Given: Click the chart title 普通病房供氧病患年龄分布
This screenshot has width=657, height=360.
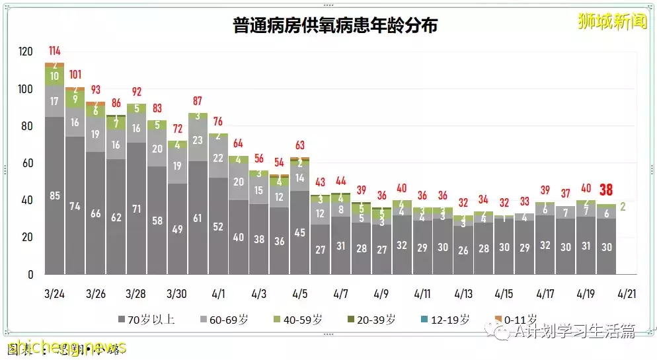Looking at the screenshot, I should pos(335,26).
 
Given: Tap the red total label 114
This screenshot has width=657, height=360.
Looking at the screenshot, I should pos(55,51).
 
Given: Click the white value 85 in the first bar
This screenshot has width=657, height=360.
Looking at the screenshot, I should pos(55,196).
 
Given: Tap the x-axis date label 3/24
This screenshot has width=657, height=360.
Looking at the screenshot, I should pos(55,293).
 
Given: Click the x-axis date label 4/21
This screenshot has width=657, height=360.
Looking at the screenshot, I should pos(627,293).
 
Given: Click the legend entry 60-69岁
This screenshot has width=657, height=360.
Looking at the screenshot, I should pos(225,320).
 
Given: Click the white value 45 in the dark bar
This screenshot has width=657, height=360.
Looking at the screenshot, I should pos(300,233).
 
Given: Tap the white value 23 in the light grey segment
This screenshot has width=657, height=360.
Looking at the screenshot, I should pos(198,140).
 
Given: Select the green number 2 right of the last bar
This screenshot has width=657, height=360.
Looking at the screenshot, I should pos(624,207).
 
